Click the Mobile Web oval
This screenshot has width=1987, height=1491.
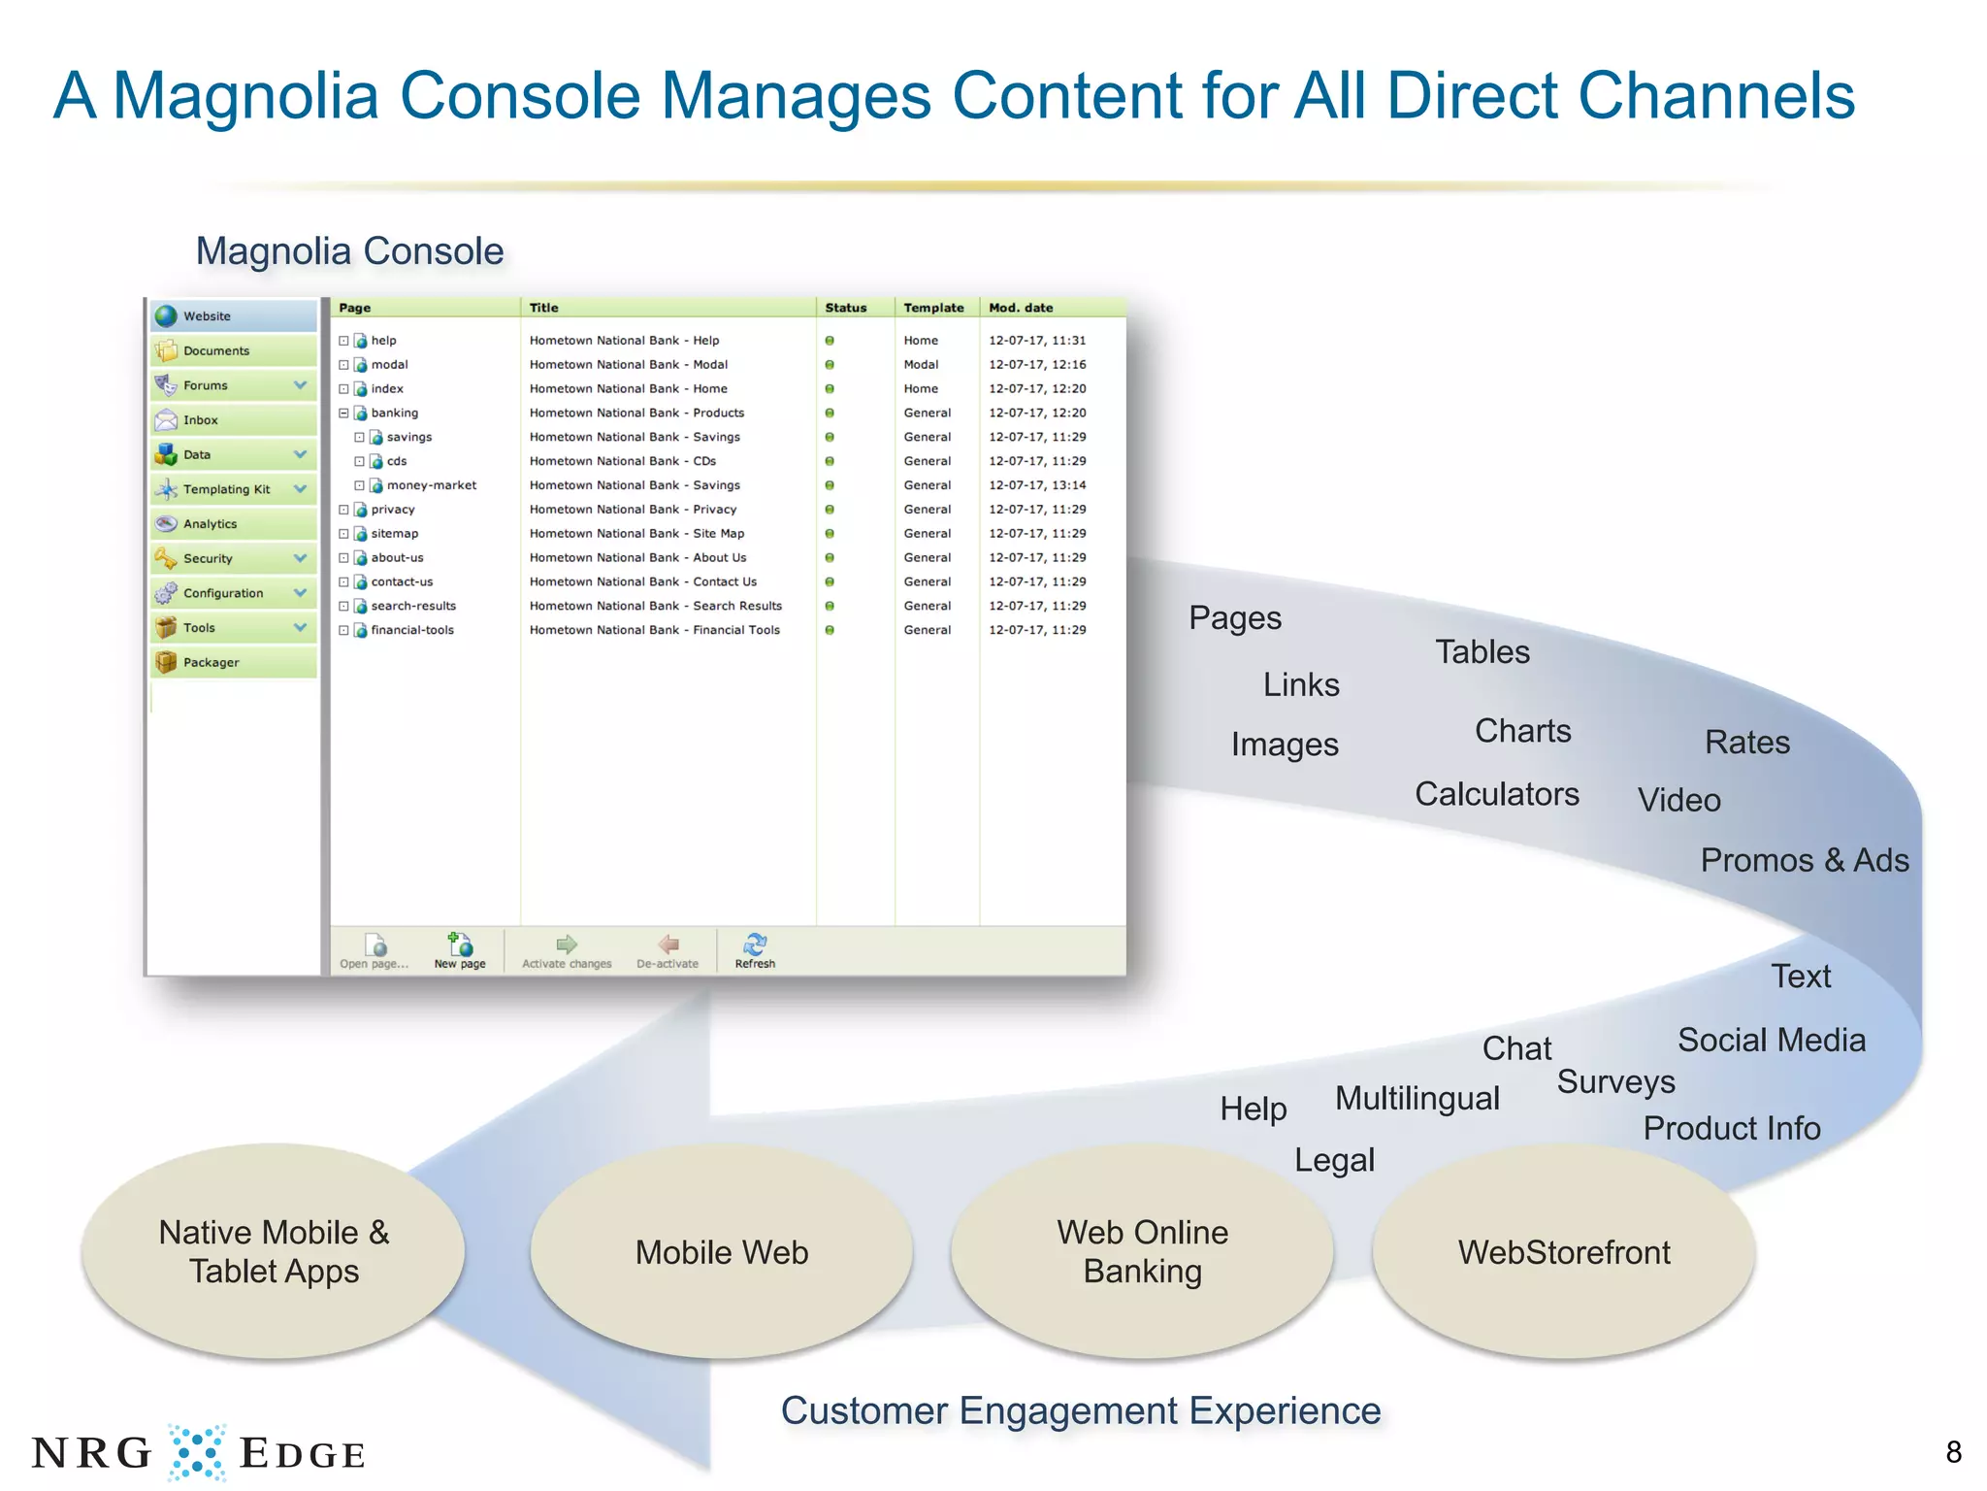(721, 1252)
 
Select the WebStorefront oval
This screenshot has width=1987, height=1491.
(1563, 1252)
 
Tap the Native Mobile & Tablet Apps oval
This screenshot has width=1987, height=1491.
(274, 1252)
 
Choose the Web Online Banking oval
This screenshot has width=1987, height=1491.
(1142, 1252)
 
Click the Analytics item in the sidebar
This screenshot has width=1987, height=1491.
(210, 524)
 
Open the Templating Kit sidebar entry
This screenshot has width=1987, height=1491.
(226, 489)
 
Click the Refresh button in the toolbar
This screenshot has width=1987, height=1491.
(755, 950)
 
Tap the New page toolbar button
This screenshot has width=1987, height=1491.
(460, 950)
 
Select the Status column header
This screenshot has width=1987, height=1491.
(845, 308)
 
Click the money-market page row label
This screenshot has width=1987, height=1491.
(431, 485)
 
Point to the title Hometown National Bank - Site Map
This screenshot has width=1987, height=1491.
(636, 534)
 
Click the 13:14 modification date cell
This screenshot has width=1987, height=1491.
(1037, 485)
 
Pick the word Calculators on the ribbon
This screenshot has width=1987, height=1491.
(1496, 794)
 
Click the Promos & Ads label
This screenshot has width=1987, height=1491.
(1804, 860)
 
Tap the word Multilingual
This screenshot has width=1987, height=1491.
(1417, 1098)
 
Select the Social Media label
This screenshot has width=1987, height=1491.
(1771, 1040)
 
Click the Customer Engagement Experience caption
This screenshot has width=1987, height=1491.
(1080, 1410)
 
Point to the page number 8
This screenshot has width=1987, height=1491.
(1953, 1452)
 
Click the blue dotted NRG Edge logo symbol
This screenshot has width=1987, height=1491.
(197, 1452)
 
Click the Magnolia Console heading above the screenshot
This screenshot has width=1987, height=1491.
(349, 251)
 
